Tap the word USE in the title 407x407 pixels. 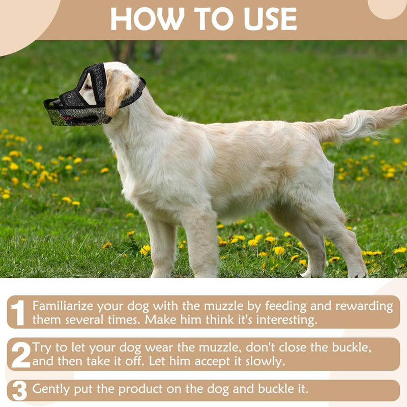pos(268,19)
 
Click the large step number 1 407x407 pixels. pos(18,312)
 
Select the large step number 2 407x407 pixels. pos(20,355)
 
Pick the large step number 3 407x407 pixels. pos(19,391)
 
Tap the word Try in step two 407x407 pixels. pos(42,347)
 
